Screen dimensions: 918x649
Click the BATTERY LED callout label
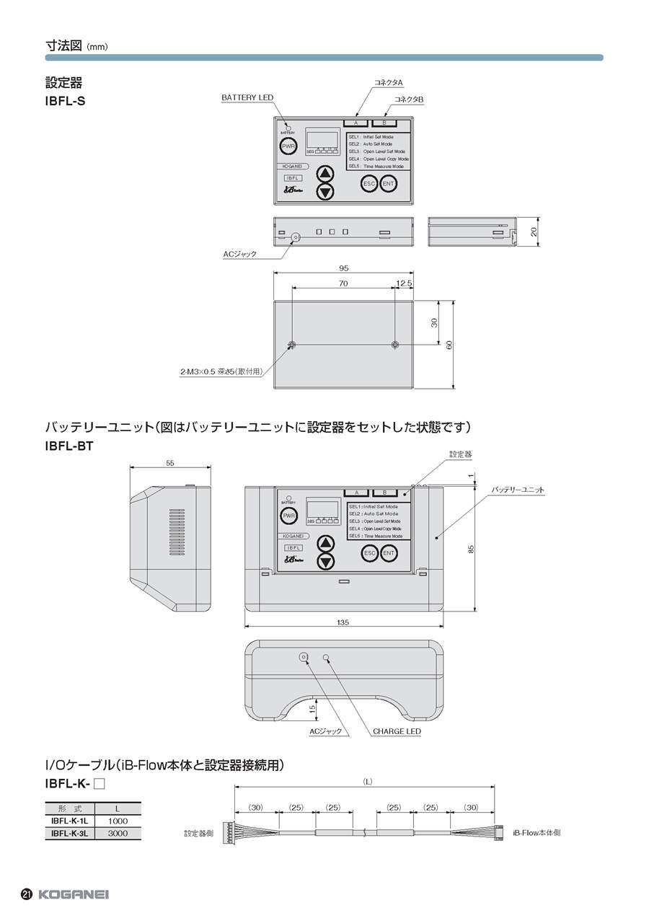point(247,97)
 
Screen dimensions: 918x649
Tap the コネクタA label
point(388,83)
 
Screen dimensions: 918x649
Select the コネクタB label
point(409,98)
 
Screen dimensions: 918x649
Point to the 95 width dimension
point(343,268)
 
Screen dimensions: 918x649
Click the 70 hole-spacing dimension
point(343,283)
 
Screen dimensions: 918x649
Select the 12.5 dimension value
point(404,283)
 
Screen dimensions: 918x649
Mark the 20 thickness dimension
point(534,232)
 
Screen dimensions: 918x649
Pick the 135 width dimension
point(343,622)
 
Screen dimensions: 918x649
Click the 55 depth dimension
point(169,464)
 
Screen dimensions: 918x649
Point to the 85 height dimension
point(471,548)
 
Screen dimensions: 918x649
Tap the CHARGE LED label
point(397,731)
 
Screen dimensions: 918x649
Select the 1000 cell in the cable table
point(118,821)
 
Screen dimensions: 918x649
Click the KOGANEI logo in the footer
point(73,894)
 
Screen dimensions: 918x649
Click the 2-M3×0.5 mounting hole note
point(220,372)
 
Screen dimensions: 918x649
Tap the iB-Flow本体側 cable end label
point(537,832)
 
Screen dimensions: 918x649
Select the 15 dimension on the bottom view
point(312,708)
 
